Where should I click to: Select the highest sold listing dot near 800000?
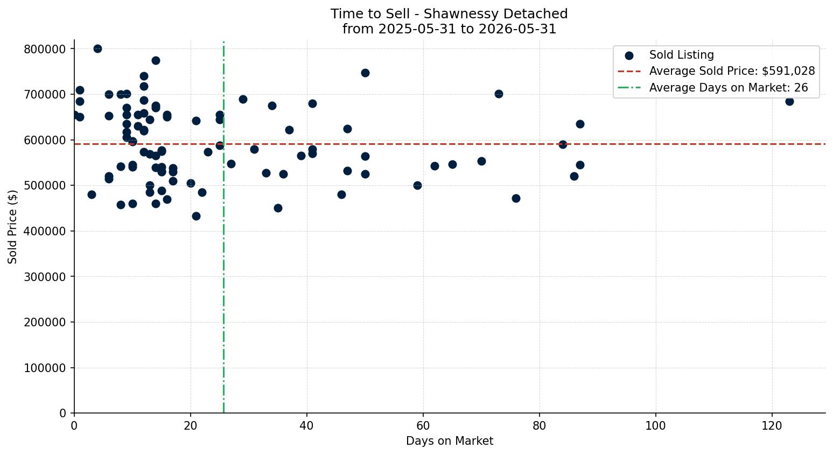[x=98, y=48]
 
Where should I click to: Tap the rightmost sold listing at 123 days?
[x=789, y=101]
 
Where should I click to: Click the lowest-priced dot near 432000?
[x=197, y=216]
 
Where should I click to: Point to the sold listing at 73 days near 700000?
[x=499, y=94]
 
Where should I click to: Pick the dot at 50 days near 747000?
[x=365, y=73]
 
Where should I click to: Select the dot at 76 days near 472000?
[x=516, y=199]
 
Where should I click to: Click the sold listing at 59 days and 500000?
[x=418, y=185]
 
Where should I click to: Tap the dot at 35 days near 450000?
[x=278, y=208]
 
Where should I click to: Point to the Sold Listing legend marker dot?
[x=629, y=56]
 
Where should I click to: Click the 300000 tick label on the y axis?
[x=45, y=277]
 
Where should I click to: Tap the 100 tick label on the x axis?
[x=656, y=425]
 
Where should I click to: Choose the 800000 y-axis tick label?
[x=45, y=49]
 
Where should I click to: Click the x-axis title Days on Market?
[x=450, y=441]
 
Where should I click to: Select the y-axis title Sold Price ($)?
[x=12, y=227]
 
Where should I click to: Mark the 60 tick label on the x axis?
[x=423, y=425]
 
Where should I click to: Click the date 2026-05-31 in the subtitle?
[x=517, y=29]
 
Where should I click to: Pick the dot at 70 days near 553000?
[x=481, y=162]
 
